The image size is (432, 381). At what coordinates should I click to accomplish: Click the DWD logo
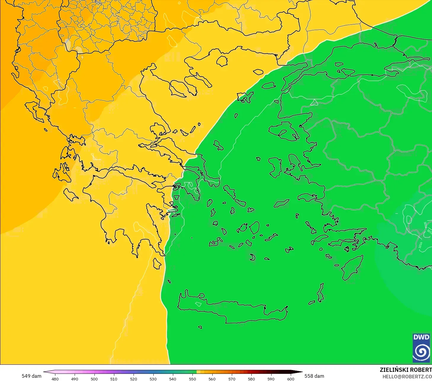tap(421, 348)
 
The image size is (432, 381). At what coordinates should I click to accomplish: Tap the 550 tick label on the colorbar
tap(192, 379)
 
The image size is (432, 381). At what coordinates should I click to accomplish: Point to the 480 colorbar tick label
tap(55, 379)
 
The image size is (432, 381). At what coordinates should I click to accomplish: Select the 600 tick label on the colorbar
tap(290, 379)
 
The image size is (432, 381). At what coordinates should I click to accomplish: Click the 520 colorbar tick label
tap(134, 379)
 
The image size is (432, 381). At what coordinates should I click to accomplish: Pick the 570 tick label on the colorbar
tap(232, 379)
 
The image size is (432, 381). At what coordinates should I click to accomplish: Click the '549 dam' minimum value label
tap(31, 376)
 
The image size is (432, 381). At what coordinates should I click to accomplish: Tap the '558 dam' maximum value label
tap(314, 376)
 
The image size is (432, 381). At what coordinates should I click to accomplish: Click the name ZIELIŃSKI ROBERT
tap(405, 370)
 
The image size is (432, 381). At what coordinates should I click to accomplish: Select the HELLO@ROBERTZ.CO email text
tap(407, 377)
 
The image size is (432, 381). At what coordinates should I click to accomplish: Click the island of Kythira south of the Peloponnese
tap(157, 263)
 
